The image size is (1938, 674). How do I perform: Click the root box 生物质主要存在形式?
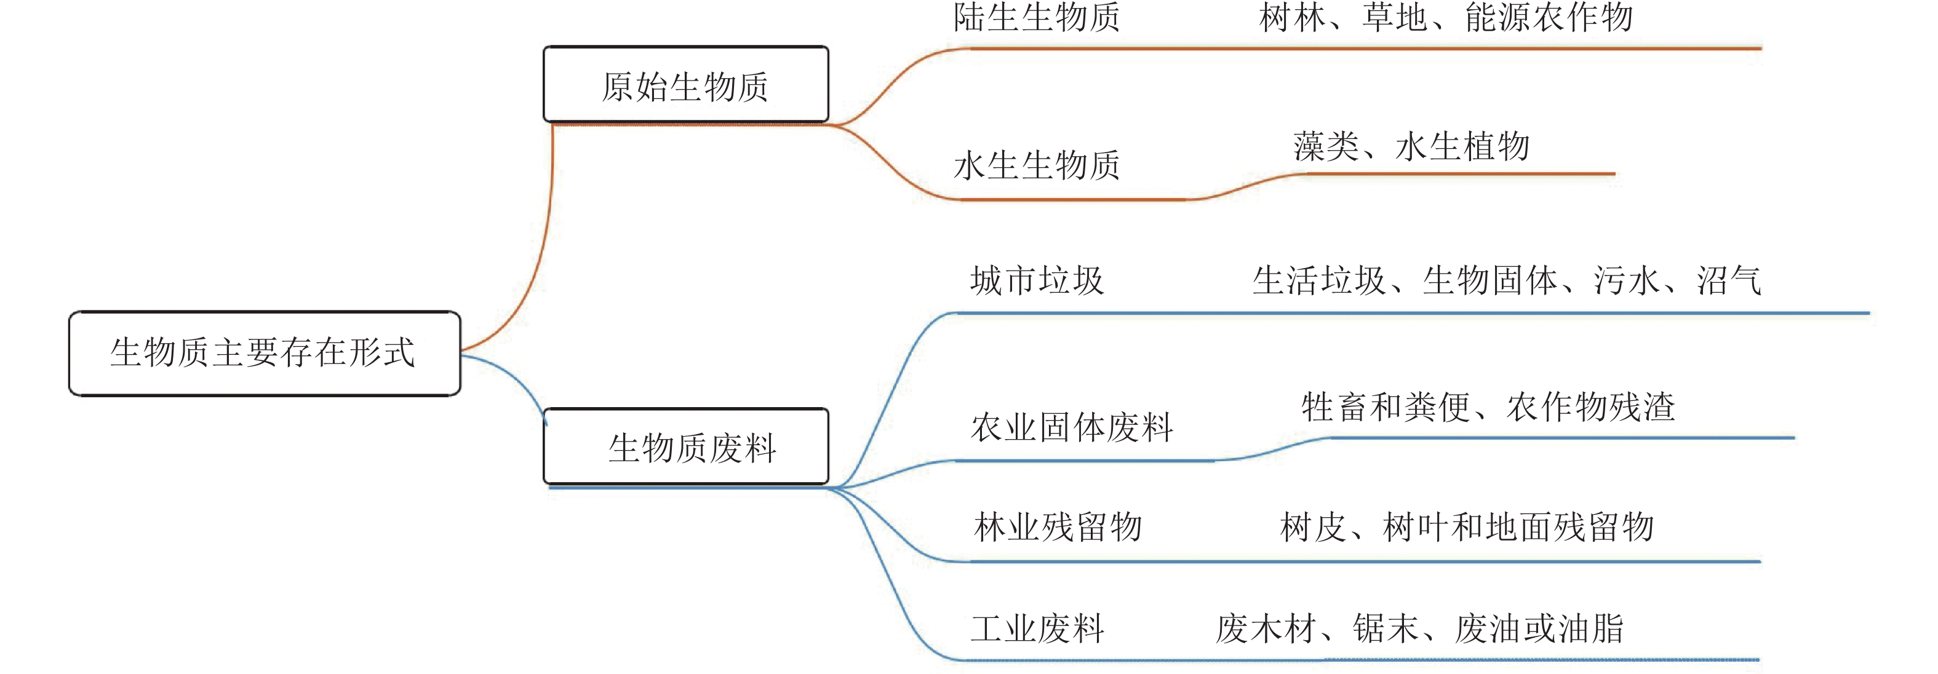coord(264,353)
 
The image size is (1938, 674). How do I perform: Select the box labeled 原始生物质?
coord(685,85)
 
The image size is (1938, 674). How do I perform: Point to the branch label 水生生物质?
coord(1037,165)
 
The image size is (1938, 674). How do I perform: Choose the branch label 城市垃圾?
coord(1037,280)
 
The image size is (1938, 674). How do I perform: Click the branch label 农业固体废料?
coord(1071,427)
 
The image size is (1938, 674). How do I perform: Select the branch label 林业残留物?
coord(1058,526)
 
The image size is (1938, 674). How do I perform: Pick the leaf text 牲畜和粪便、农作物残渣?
coord(1488,408)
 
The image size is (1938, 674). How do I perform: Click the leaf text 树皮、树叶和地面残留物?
coord(1466,526)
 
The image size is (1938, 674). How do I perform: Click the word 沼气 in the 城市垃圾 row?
coord(1729,280)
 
